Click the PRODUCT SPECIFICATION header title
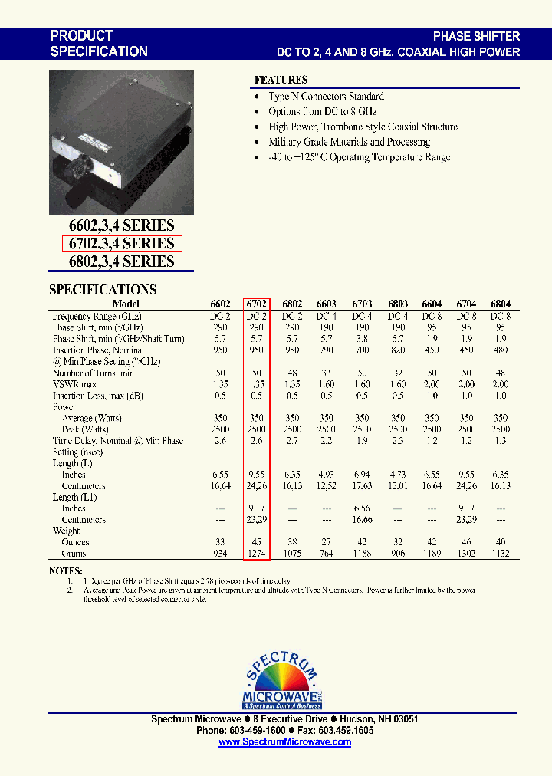click(99, 44)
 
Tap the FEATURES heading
click(281, 80)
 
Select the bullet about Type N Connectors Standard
click(326, 97)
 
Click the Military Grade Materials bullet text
click(349, 142)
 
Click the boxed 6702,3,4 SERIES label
click(122, 244)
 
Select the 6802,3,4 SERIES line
click(122, 261)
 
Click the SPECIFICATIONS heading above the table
click(103, 290)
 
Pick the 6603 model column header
click(327, 304)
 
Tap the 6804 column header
click(500, 304)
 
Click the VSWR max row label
click(74, 384)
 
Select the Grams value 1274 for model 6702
click(257, 554)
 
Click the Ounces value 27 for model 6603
click(327, 542)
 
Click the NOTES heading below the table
click(66, 571)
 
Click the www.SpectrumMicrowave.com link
click(284, 743)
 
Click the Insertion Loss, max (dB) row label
click(97, 396)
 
